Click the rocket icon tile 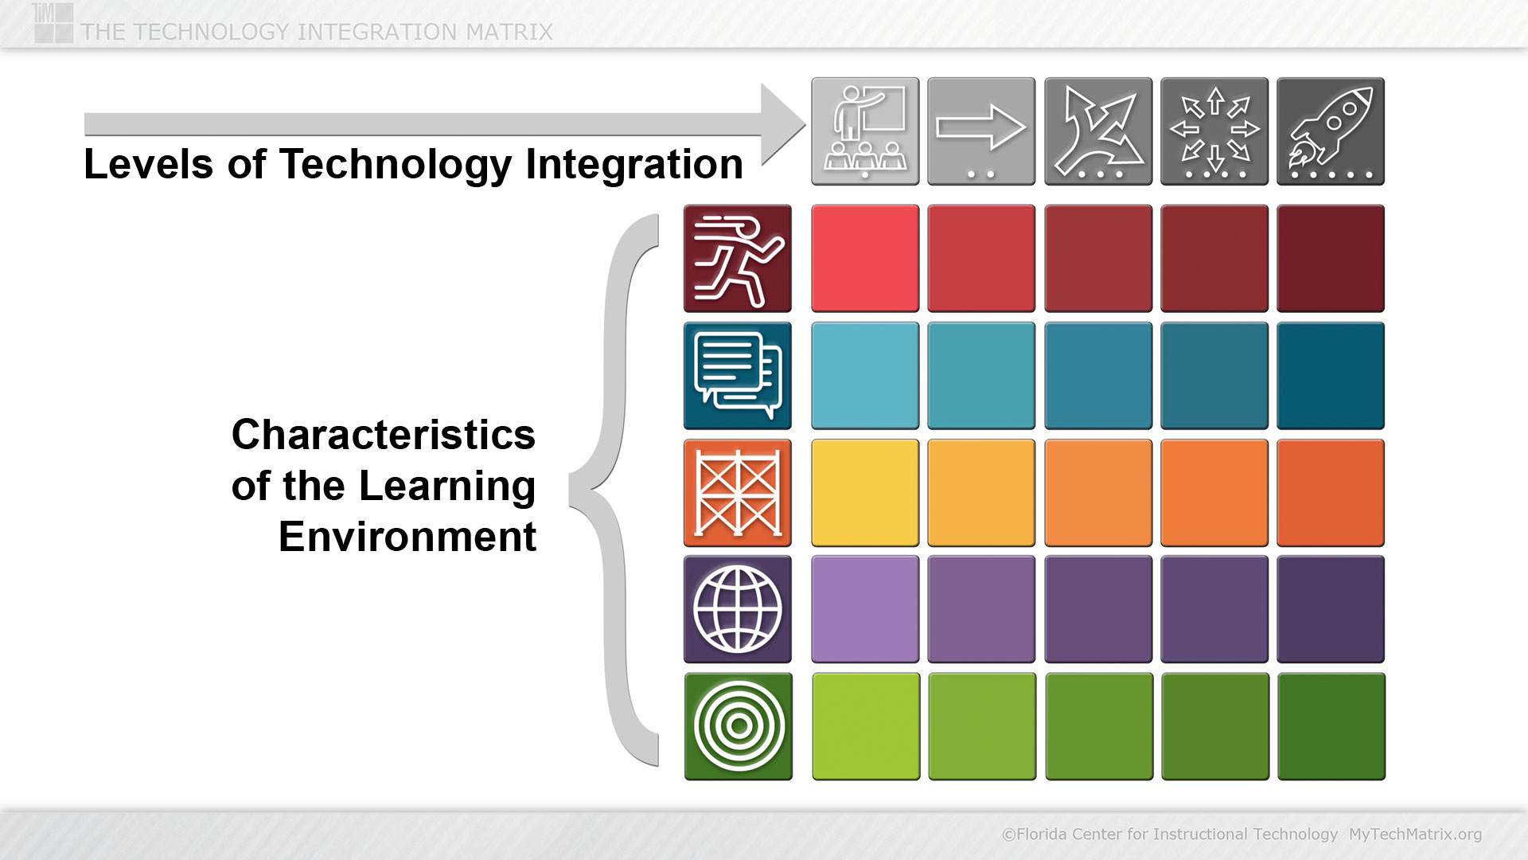pos(1331,131)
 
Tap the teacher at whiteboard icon pos(865,131)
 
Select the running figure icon pos(738,259)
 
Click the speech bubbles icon pos(738,376)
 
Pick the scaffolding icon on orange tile pos(738,493)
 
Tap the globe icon pos(738,609)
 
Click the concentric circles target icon pos(739,726)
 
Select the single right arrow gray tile pos(981,131)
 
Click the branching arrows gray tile pos(1098,131)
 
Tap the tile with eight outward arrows pos(1214,131)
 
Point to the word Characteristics pos(384,435)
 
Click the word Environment pos(407,537)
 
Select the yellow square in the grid pos(865,493)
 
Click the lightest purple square pos(865,609)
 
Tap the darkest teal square pos(1331,376)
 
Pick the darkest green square pos(1331,726)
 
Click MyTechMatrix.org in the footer pos(1415,835)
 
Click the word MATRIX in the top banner pos(509,32)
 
